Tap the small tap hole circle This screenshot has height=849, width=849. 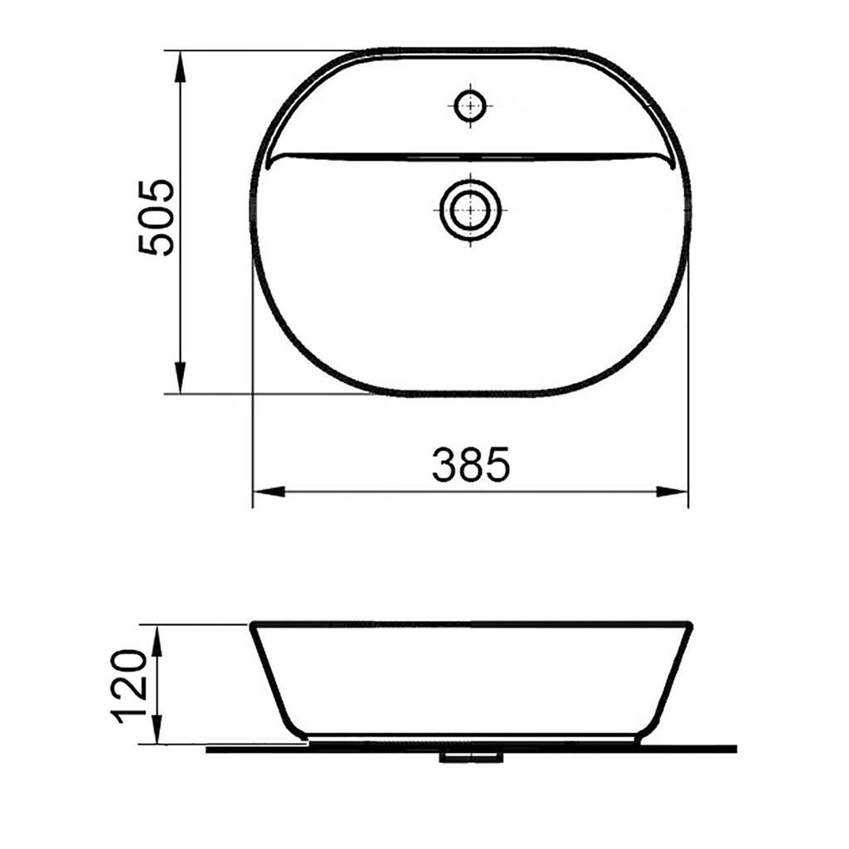click(x=470, y=105)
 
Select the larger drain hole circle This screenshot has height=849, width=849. click(x=470, y=209)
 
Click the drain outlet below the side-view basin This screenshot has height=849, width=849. click(x=470, y=756)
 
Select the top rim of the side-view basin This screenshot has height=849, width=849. click(x=470, y=623)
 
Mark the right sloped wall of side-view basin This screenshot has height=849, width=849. click(x=667, y=680)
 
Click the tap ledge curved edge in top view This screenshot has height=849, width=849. click(x=470, y=155)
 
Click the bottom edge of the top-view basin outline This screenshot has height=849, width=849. click(x=470, y=393)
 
